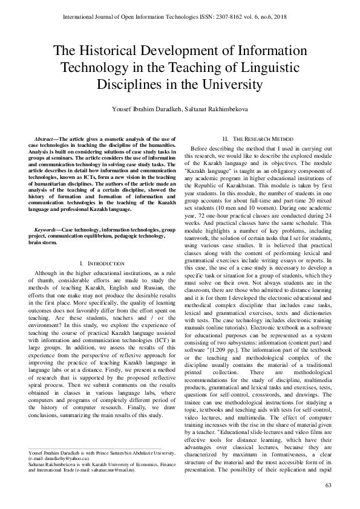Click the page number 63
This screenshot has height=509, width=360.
coord(329,485)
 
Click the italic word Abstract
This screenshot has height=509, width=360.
coord(46,140)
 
